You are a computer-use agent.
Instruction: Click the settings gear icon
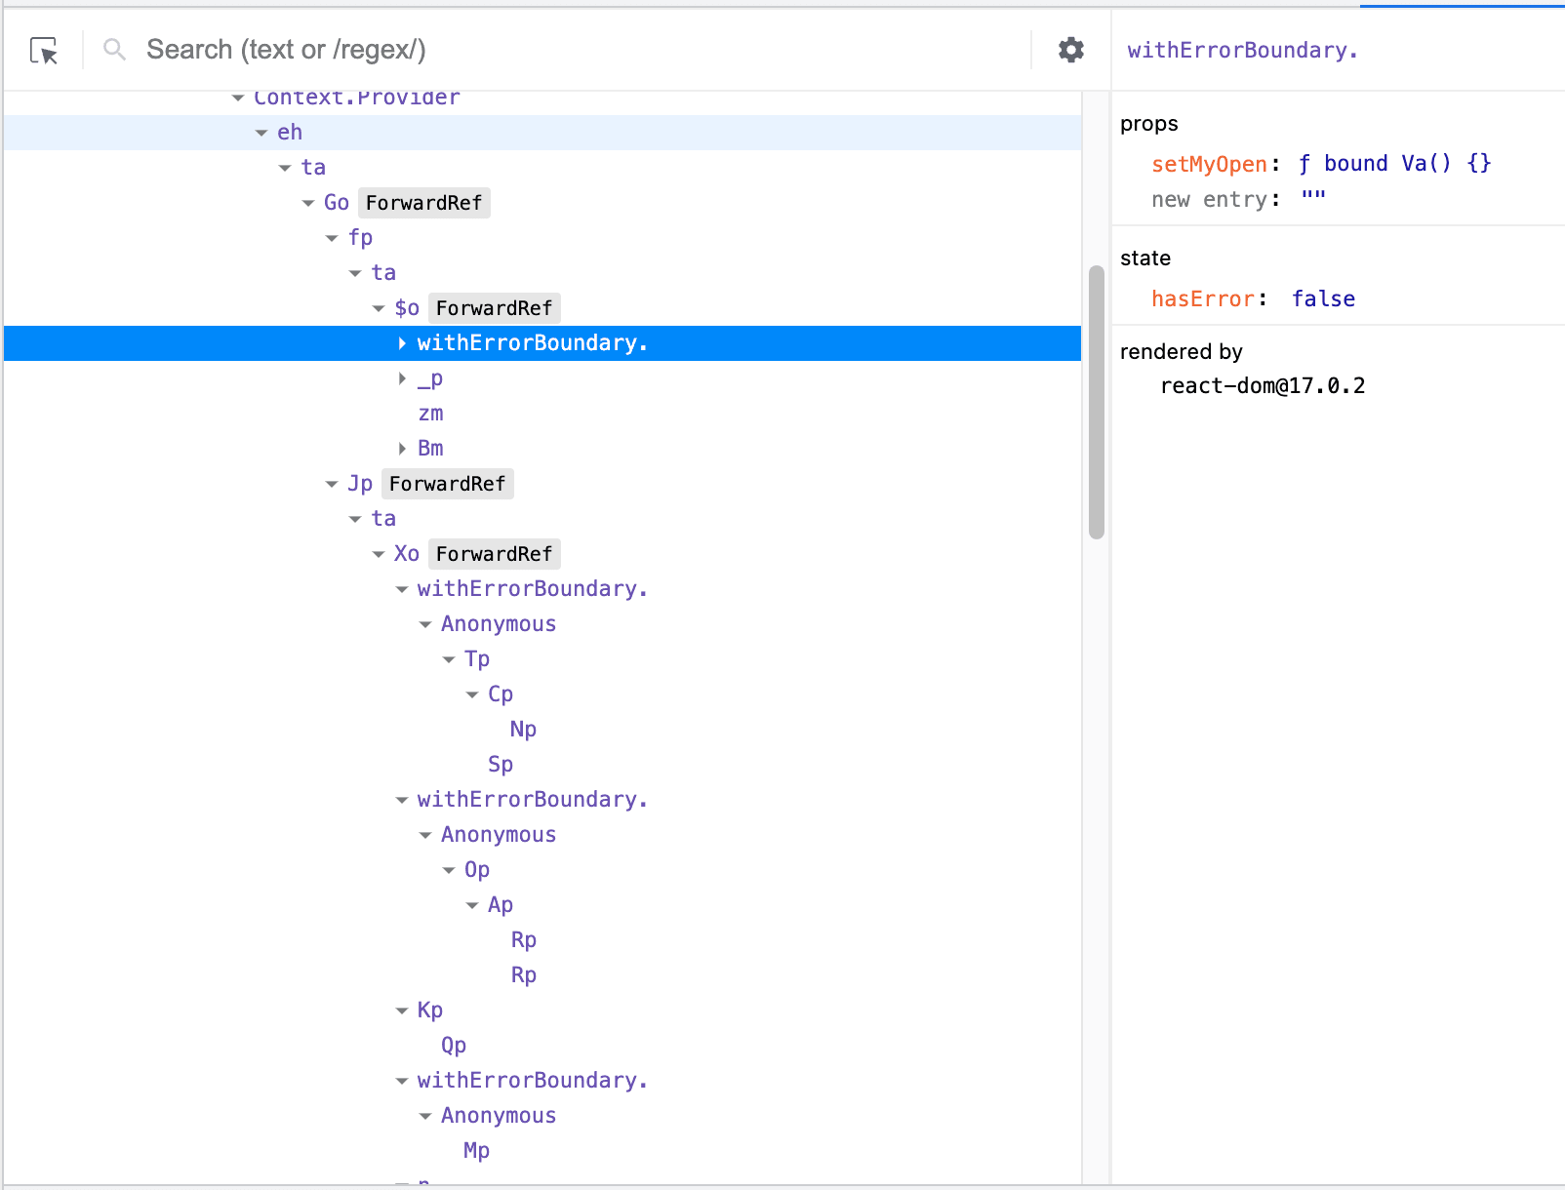click(1071, 50)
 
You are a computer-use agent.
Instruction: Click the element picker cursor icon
click(44, 51)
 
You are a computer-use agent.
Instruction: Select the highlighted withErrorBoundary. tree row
click(532, 343)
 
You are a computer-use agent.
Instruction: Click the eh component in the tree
click(290, 133)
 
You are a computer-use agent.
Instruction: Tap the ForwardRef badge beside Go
click(423, 203)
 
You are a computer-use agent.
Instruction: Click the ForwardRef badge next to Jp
click(447, 484)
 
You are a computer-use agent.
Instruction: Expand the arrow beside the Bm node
click(402, 449)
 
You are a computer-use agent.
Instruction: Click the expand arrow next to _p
click(402, 378)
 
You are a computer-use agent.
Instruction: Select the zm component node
click(430, 414)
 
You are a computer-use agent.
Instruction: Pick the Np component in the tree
click(523, 730)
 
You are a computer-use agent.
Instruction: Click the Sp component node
click(500, 765)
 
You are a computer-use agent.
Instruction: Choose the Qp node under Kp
click(453, 1046)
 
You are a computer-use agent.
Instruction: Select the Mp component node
click(476, 1151)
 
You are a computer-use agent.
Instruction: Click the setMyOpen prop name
click(1209, 164)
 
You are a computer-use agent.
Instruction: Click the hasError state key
click(1202, 298)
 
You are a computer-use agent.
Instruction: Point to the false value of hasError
click(1323, 298)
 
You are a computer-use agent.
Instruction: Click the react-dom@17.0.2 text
click(1263, 386)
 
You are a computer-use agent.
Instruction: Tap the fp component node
click(360, 238)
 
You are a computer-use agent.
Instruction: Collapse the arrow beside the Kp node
click(402, 1011)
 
